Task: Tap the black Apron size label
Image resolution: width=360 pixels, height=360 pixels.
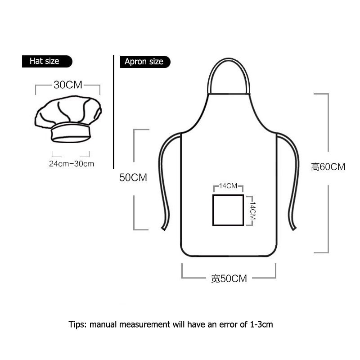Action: tap(144, 62)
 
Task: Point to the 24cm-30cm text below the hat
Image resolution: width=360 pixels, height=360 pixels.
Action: tap(72, 163)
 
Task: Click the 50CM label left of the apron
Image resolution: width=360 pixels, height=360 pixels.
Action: tap(133, 178)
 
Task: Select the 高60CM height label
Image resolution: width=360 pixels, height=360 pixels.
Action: tap(328, 167)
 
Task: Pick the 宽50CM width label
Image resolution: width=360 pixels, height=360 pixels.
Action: tap(229, 279)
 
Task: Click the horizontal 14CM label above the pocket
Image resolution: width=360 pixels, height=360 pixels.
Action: tap(228, 186)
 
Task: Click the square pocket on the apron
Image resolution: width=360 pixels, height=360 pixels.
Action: tap(228, 210)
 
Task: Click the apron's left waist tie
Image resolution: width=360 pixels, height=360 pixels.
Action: tap(162, 180)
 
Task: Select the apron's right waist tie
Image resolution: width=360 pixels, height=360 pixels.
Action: tap(295, 180)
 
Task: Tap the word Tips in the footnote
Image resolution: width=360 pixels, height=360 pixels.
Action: tap(77, 324)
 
